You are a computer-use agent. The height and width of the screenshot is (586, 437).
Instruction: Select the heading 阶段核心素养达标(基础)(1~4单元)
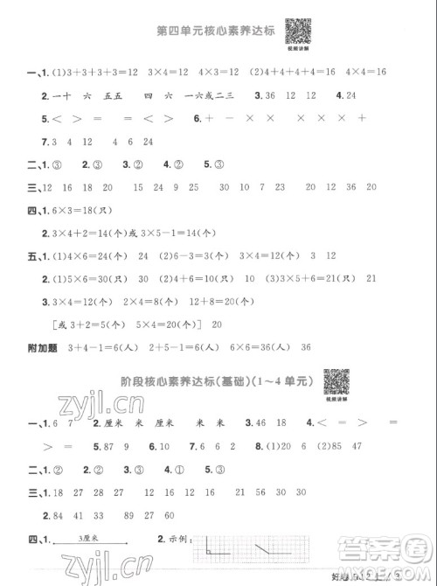coord(217,381)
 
